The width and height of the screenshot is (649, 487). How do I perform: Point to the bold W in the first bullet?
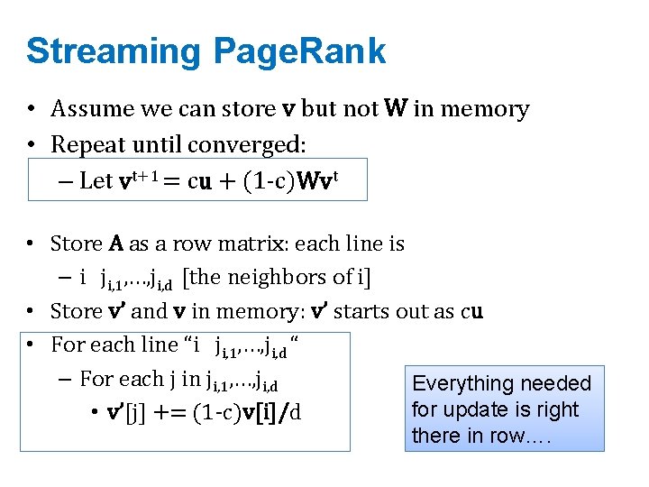pos(395,109)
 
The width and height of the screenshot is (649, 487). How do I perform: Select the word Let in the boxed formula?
pos(96,180)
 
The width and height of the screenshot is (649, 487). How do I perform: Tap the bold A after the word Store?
pos(116,243)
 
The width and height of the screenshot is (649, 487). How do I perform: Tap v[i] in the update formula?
pos(254,414)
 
